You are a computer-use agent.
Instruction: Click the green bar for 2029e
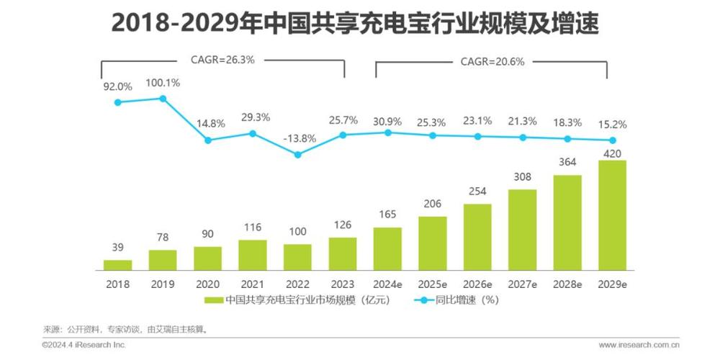click(612, 215)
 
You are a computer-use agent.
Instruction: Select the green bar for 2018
click(117, 264)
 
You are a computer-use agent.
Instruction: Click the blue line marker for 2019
click(163, 98)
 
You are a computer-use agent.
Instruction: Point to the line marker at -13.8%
click(297, 153)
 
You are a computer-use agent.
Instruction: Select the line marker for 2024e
click(387, 132)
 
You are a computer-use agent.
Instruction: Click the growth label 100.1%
click(163, 83)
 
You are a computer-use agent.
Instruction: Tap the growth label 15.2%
click(612, 124)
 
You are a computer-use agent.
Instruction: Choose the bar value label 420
click(612, 152)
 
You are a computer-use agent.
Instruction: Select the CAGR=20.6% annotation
click(492, 61)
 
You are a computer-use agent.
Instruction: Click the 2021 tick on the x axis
click(253, 284)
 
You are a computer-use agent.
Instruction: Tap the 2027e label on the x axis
click(522, 284)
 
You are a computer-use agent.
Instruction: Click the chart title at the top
click(355, 23)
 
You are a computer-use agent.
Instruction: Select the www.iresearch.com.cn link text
click(639, 345)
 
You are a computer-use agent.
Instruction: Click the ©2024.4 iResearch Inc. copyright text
click(84, 345)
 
